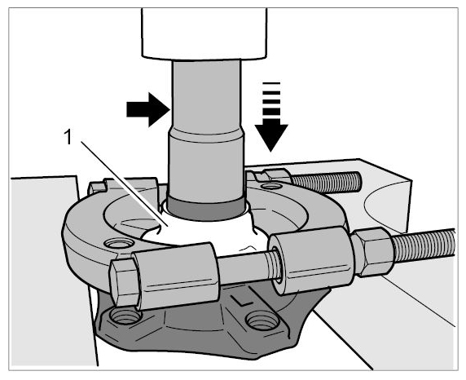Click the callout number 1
click(x=68, y=138)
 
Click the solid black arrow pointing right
click(x=147, y=109)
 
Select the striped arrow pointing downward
click(x=271, y=117)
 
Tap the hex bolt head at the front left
click(x=124, y=282)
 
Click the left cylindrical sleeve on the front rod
click(x=177, y=276)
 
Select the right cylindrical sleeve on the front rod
click(x=311, y=259)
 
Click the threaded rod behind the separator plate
click(x=326, y=182)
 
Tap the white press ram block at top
click(x=204, y=33)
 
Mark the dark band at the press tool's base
click(x=206, y=208)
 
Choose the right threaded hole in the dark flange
click(x=263, y=321)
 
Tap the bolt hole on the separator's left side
click(x=119, y=244)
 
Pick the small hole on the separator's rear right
click(x=271, y=187)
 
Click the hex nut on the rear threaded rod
click(x=274, y=175)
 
